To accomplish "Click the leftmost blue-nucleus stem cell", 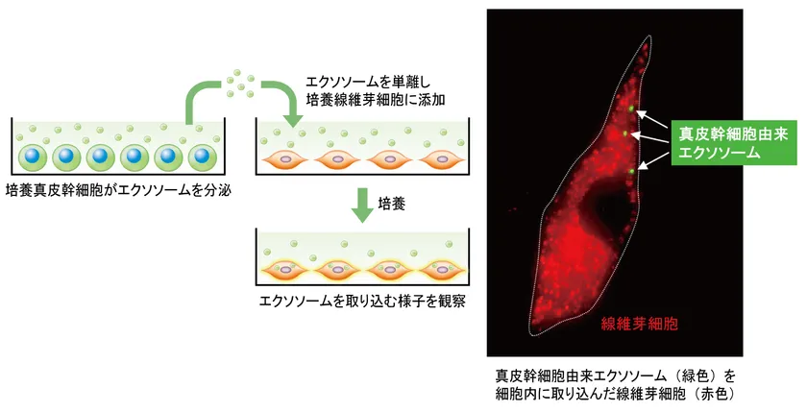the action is pyautogui.click(x=33, y=158).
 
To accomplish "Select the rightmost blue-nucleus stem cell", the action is pyautogui.click(x=203, y=158).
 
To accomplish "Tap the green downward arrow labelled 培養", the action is pyautogui.click(x=363, y=206).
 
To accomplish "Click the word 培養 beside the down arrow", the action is pyautogui.click(x=392, y=204).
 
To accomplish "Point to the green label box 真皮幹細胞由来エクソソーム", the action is pyautogui.click(x=733, y=143).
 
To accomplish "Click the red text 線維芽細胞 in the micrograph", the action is pyautogui.click(x=640, y=324).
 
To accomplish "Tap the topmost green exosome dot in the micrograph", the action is pyautogui.click(x=631, y=109).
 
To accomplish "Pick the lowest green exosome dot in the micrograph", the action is pyautogui.click(x=631, y=171).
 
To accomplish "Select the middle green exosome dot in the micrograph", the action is pyautogui.click(x=625, y=133).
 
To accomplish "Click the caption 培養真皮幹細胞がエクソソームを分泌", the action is pyautogui.click(x=118, y=191).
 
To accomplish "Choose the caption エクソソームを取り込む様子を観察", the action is pyautogui.click(x=363, y=301).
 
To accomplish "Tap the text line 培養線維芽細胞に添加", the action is pyautogui.click(x=376, y=99).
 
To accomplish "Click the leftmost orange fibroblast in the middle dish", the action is pyautogui.click(x=284, y=160).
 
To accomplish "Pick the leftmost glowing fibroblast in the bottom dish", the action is pyautogui.click(x=284, y=270).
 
